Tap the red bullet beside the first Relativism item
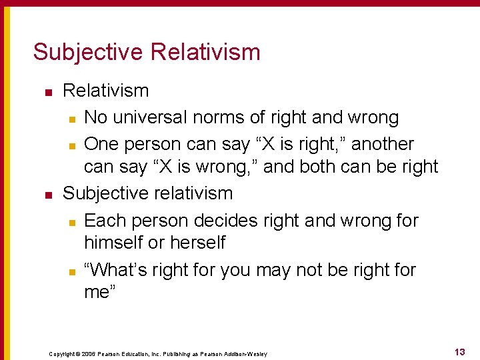[x=47, y=91]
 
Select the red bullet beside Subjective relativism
[x=47, y=195]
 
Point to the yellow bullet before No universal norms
[x=71, y=119]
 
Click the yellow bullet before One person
[x=71, y=145]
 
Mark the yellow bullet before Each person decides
[x=71, y=221]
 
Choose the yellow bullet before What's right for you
[x=71, y=271]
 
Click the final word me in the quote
[x=99, y=293]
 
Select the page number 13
[x=459, y=352]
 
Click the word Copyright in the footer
[x=63, y=354]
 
